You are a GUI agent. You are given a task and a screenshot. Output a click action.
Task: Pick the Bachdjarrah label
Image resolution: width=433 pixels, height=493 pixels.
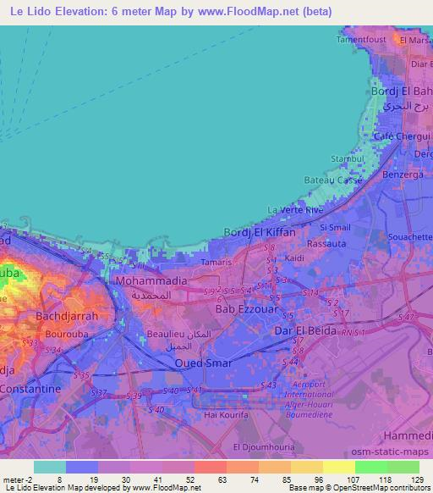coord(67,315)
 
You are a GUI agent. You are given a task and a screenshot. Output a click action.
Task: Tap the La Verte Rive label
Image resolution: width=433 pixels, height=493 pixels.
coord(295,209)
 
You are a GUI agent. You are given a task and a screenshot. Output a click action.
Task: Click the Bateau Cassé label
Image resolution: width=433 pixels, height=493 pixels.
coord(333,180)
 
